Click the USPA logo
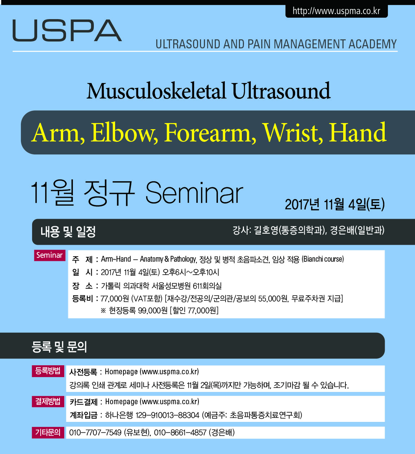[67, 30]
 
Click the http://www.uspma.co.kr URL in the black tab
[336, 11]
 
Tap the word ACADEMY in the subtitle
[372, 44]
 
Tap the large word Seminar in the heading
[194, 193]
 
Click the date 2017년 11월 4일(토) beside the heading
[335, 204]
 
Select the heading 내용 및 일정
[68, 231]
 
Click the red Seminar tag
[49, 255]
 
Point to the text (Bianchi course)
[323, 259]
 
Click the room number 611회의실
[207, 286]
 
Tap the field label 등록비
[82, 298]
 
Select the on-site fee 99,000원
[153, 310]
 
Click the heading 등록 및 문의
[59, 347]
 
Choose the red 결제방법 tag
[48, 401]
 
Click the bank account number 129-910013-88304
[167, 415]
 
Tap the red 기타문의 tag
[48, 432]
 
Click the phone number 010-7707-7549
[95, 432]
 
